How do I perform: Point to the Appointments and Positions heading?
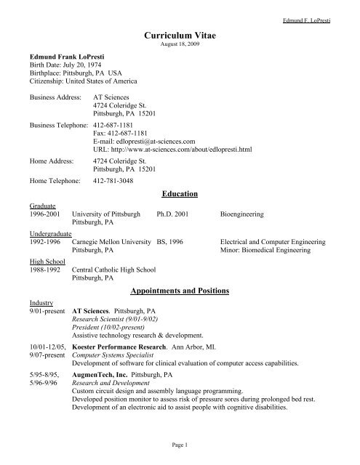[x=179, y=291]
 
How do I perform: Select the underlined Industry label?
[x=39, y=300]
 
